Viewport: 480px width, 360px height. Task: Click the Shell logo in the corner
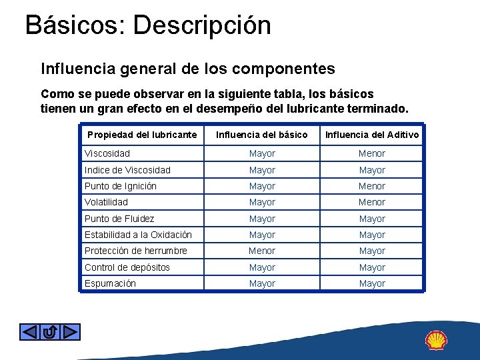click(x=437, y=340)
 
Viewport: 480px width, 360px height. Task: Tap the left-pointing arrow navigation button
click(x=29, y=331)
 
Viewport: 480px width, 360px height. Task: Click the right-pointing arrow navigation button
click(x=71, y=331)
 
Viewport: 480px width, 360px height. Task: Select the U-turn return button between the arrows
click(x=50, y=331)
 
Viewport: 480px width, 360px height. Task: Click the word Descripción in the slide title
click(x=202, y=25)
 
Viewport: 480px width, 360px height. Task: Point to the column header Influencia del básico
click(x=262, y=135)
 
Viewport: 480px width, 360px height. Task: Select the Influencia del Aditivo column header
click(x=372, y=135)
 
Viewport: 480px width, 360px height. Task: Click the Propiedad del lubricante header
click(x=142, y=135)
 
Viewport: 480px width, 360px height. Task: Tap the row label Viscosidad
click(x=107, y=153)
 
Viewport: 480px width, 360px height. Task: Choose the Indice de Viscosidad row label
click(x=127, y=170)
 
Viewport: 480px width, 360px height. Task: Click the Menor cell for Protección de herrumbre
click(x=262, y=251)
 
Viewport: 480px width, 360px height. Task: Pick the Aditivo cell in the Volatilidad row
click(x=372, y=202)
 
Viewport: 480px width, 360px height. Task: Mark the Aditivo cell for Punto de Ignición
click(x=372, y=186)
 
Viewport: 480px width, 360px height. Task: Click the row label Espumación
click(x=110, y=283)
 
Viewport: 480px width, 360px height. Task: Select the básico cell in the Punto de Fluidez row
click(x=262, y=219)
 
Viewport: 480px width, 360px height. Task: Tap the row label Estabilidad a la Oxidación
click(x=138, y=235)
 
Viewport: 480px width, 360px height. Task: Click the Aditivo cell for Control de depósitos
click(x=372, y=267)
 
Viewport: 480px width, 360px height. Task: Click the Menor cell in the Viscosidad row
click(x=372, y=153)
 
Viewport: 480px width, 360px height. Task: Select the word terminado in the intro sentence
click(x=375, y=108)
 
